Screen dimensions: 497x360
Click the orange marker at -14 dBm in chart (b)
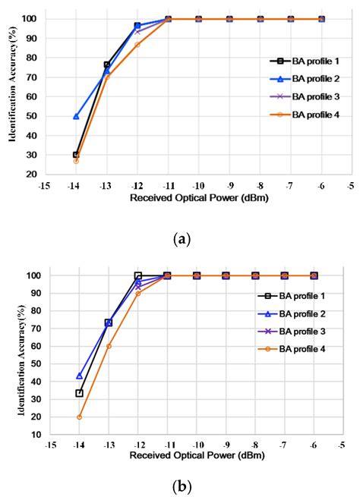point(79,417)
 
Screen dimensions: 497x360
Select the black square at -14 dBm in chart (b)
point(79,393)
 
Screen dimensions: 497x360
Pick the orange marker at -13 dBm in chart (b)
point(109,346)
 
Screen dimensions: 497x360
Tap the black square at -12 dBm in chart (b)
point(138,275)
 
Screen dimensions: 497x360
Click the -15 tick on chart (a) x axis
point(45,185)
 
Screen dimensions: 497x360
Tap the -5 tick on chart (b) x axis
point(342,445)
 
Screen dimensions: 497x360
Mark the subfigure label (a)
point(182,239)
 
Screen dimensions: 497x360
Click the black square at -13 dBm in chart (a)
point(107,65)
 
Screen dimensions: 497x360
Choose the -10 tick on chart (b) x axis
point(196,445)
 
